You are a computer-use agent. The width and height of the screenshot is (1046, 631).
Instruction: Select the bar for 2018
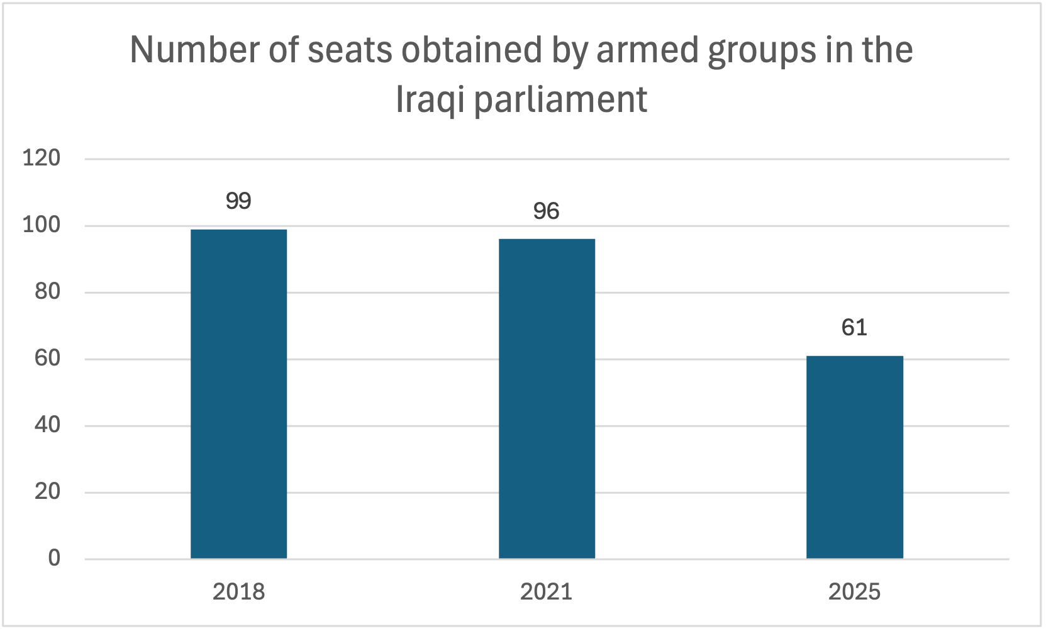pos(238,394)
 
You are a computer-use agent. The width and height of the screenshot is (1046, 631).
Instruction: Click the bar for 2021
pos(547,399)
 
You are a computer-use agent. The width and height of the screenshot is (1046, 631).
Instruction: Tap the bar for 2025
pos(854,457)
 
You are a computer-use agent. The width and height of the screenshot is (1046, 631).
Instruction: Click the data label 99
pos(238,201)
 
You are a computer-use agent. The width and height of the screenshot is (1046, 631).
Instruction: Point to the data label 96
pos(546,211)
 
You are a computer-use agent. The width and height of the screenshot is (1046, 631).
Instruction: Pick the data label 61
pos(854,328)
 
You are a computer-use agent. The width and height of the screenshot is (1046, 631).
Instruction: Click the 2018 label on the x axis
pos(238,592)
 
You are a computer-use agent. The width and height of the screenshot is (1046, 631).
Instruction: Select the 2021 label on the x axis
pos(546,592)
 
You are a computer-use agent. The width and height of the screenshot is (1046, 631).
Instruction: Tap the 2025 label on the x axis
pos(854,592)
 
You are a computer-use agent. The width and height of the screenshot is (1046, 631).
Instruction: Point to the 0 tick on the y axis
pos(54,558)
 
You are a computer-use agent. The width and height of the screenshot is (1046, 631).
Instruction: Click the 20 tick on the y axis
pos(48,491)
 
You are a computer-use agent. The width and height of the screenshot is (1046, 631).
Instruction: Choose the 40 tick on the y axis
pos(48,425)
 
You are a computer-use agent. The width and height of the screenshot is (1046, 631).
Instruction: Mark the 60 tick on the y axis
pos(48,358)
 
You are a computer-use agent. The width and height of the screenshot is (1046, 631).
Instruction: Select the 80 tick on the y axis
pos(48,291)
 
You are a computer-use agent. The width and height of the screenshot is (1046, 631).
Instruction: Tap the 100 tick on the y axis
pos(42,225)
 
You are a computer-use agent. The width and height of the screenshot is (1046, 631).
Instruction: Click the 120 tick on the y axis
pos(42,158)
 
